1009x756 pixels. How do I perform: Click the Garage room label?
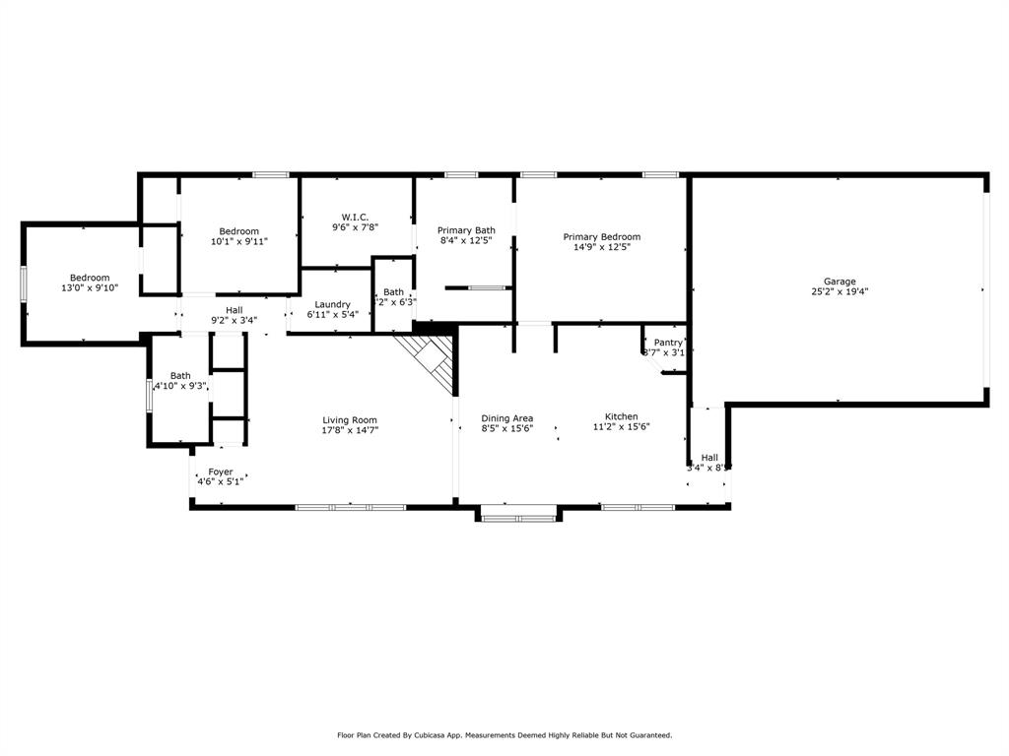tap(840, 281)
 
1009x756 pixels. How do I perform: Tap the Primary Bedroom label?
tap(601, 236)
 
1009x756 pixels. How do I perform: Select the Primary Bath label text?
tap(466, 230)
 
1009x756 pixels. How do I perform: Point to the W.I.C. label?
tap(356, 217)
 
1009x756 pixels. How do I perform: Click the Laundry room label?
tap(332, 304)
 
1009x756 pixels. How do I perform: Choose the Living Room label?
tap(350, 420)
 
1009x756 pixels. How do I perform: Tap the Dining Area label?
tap(506, 417)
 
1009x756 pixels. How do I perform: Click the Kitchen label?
tap(621, 416)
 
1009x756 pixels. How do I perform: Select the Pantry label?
tap(667, 343)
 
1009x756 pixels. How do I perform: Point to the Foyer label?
tap(220, 472)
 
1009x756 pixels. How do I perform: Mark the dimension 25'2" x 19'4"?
tap(840, 291)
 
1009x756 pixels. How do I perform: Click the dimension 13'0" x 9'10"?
tap(89, 288)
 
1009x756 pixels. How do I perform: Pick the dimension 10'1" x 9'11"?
tap(238, 241)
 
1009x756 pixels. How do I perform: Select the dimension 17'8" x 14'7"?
tap(350, 430)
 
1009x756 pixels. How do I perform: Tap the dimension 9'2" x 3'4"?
tap(234, 320)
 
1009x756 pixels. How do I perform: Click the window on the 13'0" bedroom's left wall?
tap(25, 283)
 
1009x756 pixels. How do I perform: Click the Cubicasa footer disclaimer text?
tap(504, 734)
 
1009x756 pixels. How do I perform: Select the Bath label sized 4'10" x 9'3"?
tap(180, 375)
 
